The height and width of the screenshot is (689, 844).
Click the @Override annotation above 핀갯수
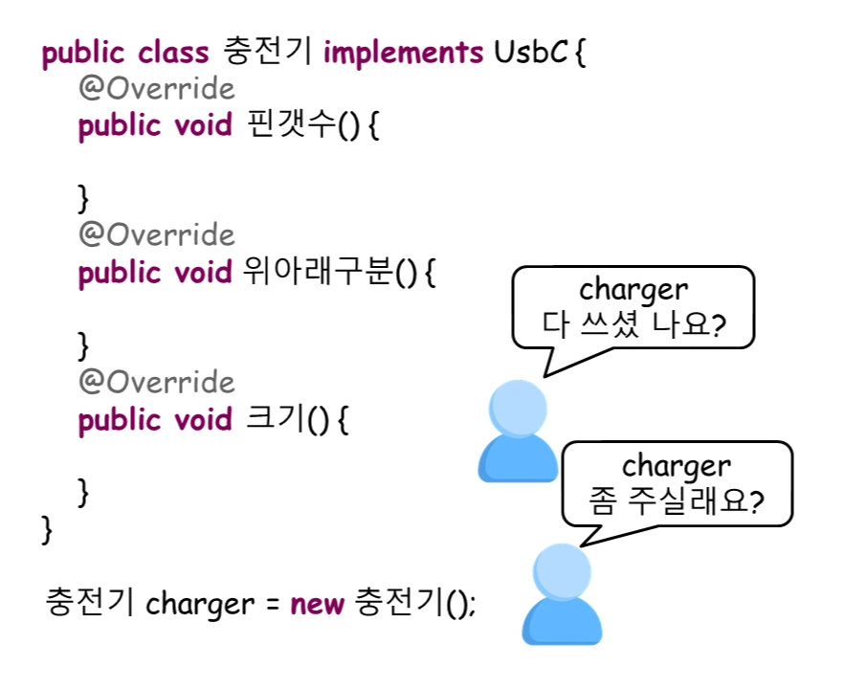coord(156,89)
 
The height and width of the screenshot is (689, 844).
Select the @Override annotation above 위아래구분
coord(156,235)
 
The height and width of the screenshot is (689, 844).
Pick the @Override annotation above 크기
coord(156,383)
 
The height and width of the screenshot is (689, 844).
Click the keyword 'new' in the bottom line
coord(317,605)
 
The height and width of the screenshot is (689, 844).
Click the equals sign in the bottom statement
coord(272,606)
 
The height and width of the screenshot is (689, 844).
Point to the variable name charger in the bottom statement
coord(201,606)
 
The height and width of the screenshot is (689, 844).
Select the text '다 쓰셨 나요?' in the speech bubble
coord(633,326)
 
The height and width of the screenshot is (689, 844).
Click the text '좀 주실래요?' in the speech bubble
coord(677,501)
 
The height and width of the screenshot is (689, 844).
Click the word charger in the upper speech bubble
coord(633,290)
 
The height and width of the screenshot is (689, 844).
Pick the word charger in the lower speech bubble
coord(677,466)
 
